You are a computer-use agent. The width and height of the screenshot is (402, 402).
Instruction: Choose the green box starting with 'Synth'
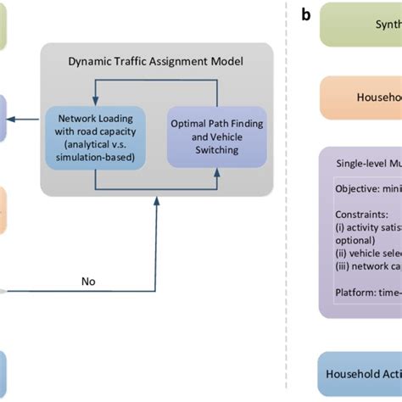360,25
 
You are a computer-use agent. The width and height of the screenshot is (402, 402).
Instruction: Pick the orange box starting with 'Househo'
360,98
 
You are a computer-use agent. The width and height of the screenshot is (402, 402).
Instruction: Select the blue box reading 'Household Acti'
360,374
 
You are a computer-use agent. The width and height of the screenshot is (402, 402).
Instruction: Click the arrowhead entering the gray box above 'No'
156,202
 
